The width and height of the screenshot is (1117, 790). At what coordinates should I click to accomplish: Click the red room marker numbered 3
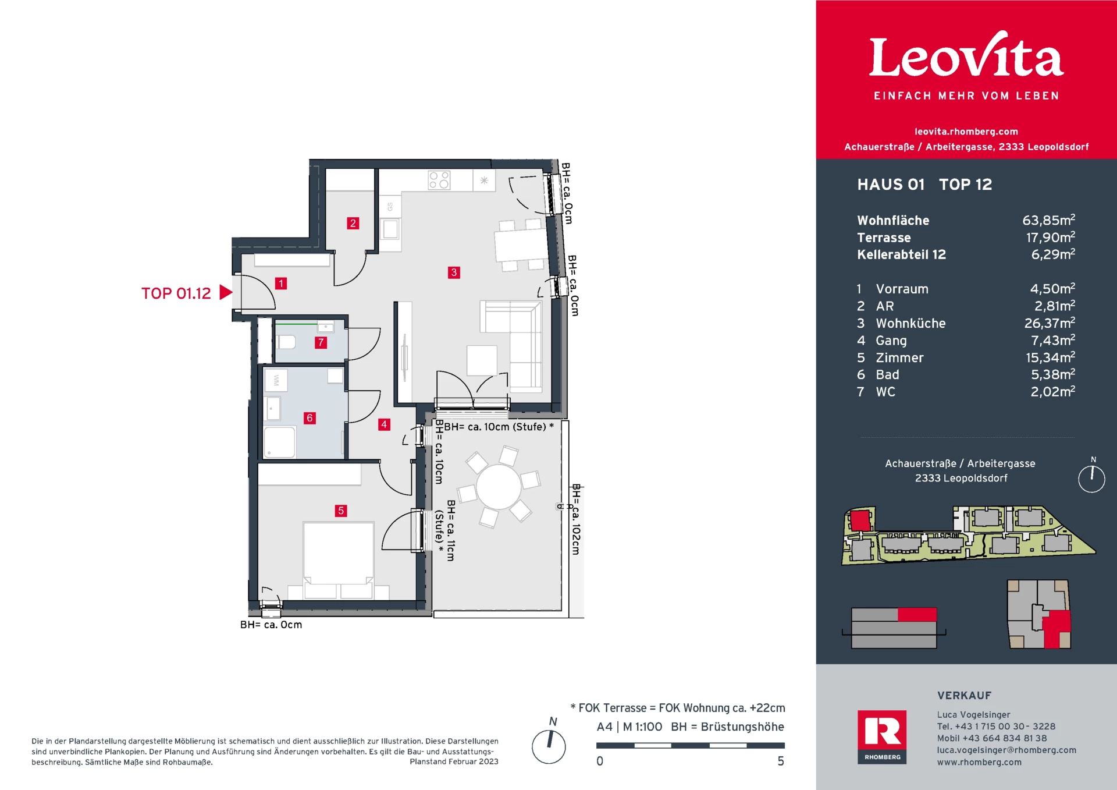tap(454, 272)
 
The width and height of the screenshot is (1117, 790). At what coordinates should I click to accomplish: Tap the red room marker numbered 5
tap(341, 511)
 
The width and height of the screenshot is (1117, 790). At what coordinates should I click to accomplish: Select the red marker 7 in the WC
tap(321, 342)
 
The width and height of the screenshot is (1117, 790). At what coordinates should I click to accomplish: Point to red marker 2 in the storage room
tap(353, 223)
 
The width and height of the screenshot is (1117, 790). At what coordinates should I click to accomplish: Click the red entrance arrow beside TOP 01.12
tap(226, 292)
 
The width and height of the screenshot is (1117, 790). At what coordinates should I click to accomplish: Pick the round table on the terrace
tap(499, 487)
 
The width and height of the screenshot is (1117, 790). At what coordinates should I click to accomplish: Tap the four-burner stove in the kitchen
tap(439, 180)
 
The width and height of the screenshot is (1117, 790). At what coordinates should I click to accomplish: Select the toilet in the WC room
tap(286, 342)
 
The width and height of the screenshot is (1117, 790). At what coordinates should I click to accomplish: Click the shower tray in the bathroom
tap(280, 442)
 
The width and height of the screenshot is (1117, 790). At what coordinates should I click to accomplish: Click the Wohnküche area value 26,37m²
tap(1050, 323)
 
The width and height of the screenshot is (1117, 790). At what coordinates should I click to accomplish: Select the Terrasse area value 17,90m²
tap(1050, 237)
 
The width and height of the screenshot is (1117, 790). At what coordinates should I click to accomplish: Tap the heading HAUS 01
tap(891, 185)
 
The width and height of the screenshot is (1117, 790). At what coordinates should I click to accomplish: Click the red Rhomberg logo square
tap(882, 736)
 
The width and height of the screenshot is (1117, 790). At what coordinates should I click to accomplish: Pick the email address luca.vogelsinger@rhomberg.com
tap(1006, 750)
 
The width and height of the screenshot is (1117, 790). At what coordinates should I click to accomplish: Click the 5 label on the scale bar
tap(781, 761)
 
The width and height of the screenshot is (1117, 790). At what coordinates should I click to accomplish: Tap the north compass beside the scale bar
tap(549, 746)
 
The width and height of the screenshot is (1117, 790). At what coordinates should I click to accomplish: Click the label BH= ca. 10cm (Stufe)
tap(495, 427)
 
